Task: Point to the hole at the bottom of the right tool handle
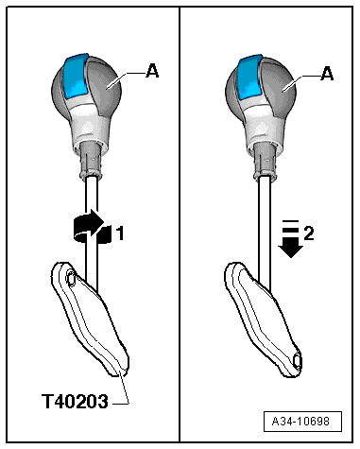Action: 299,360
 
